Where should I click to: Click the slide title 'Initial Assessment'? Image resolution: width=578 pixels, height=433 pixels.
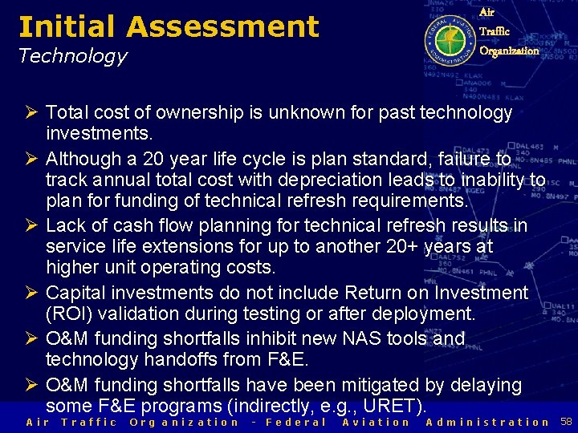(x=169, y=26)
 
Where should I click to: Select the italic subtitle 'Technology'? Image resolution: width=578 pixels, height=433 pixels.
(x=72, y=56)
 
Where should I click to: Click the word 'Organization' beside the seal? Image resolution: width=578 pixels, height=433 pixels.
(x=509, y=51)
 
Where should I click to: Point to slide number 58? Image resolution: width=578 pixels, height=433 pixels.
(x=566, y=422)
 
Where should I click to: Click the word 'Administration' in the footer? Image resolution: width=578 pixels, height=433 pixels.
(x=487, y=422)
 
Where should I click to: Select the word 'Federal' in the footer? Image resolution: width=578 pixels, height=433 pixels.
(x=295, y=422)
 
